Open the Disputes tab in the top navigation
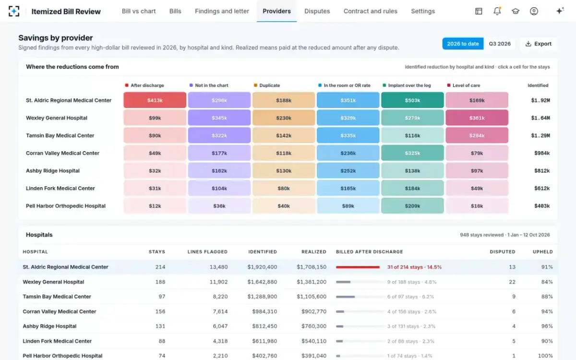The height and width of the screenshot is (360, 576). (317, 12)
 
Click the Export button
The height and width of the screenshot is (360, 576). (539, 44)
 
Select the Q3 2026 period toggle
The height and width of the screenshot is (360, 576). (500, 44)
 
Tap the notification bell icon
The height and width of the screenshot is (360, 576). (497, 11)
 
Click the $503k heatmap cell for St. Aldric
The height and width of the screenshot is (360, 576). (412, 100)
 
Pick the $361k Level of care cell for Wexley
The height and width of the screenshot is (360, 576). (477, 118)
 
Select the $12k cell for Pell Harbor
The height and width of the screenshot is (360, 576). (155, 206)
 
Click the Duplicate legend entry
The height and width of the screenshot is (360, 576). (267, 85)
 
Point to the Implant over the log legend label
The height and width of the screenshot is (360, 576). (409, 85)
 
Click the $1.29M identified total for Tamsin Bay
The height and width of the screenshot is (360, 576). (540, 135)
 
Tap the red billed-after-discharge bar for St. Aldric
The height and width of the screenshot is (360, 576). (358, 267)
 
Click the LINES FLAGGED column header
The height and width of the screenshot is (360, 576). (207, 252)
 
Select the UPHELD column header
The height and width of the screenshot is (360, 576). (542, 252)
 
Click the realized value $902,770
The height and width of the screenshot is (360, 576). (314, 312)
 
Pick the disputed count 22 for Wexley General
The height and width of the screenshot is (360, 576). (512, 282)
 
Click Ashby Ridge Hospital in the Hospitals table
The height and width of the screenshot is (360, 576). (49, 326)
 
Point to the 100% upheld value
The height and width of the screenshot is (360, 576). (545, 356)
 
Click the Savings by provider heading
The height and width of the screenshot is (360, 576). (56, 38)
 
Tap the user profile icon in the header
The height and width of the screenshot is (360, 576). (534, 11)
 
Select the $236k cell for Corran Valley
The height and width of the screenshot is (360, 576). (348, 153)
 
